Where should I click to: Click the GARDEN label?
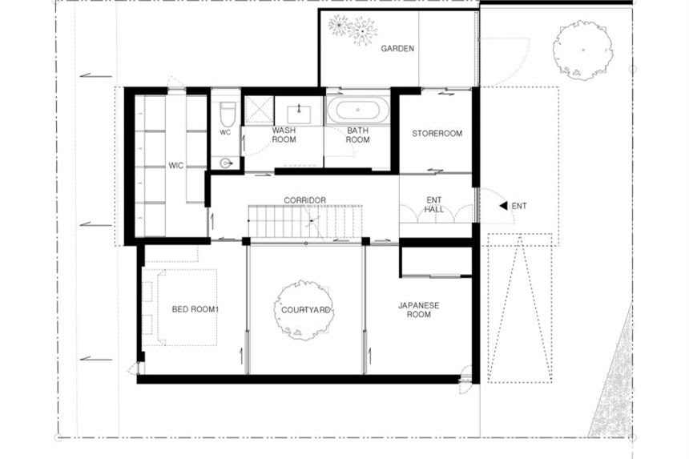[x=397, y=48]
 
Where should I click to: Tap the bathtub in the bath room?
[x=358, y=110]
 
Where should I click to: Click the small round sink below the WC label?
[x=226, y=163]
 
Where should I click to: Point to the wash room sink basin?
[x=299, y=115]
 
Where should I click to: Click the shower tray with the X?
[x=259, y=110]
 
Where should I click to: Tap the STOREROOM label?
[x=437, y=133]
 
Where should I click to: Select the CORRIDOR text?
[x=305, y=200]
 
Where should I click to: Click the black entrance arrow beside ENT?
[x=504, y=206]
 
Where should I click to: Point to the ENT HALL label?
[x=433, y=205]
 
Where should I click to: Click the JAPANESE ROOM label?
[x=419, y=310]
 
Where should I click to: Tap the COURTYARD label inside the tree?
[x=305, y=310]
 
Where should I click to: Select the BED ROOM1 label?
[x=195, y=309]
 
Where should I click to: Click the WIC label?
[x=175, y=166]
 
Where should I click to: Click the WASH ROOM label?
[x=284, y=135]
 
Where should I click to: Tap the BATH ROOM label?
[x=357, y=135]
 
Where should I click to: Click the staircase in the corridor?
[x=305, y=221]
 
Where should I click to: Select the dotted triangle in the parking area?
[x=520, y=308]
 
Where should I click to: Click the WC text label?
[x=225, y=132]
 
